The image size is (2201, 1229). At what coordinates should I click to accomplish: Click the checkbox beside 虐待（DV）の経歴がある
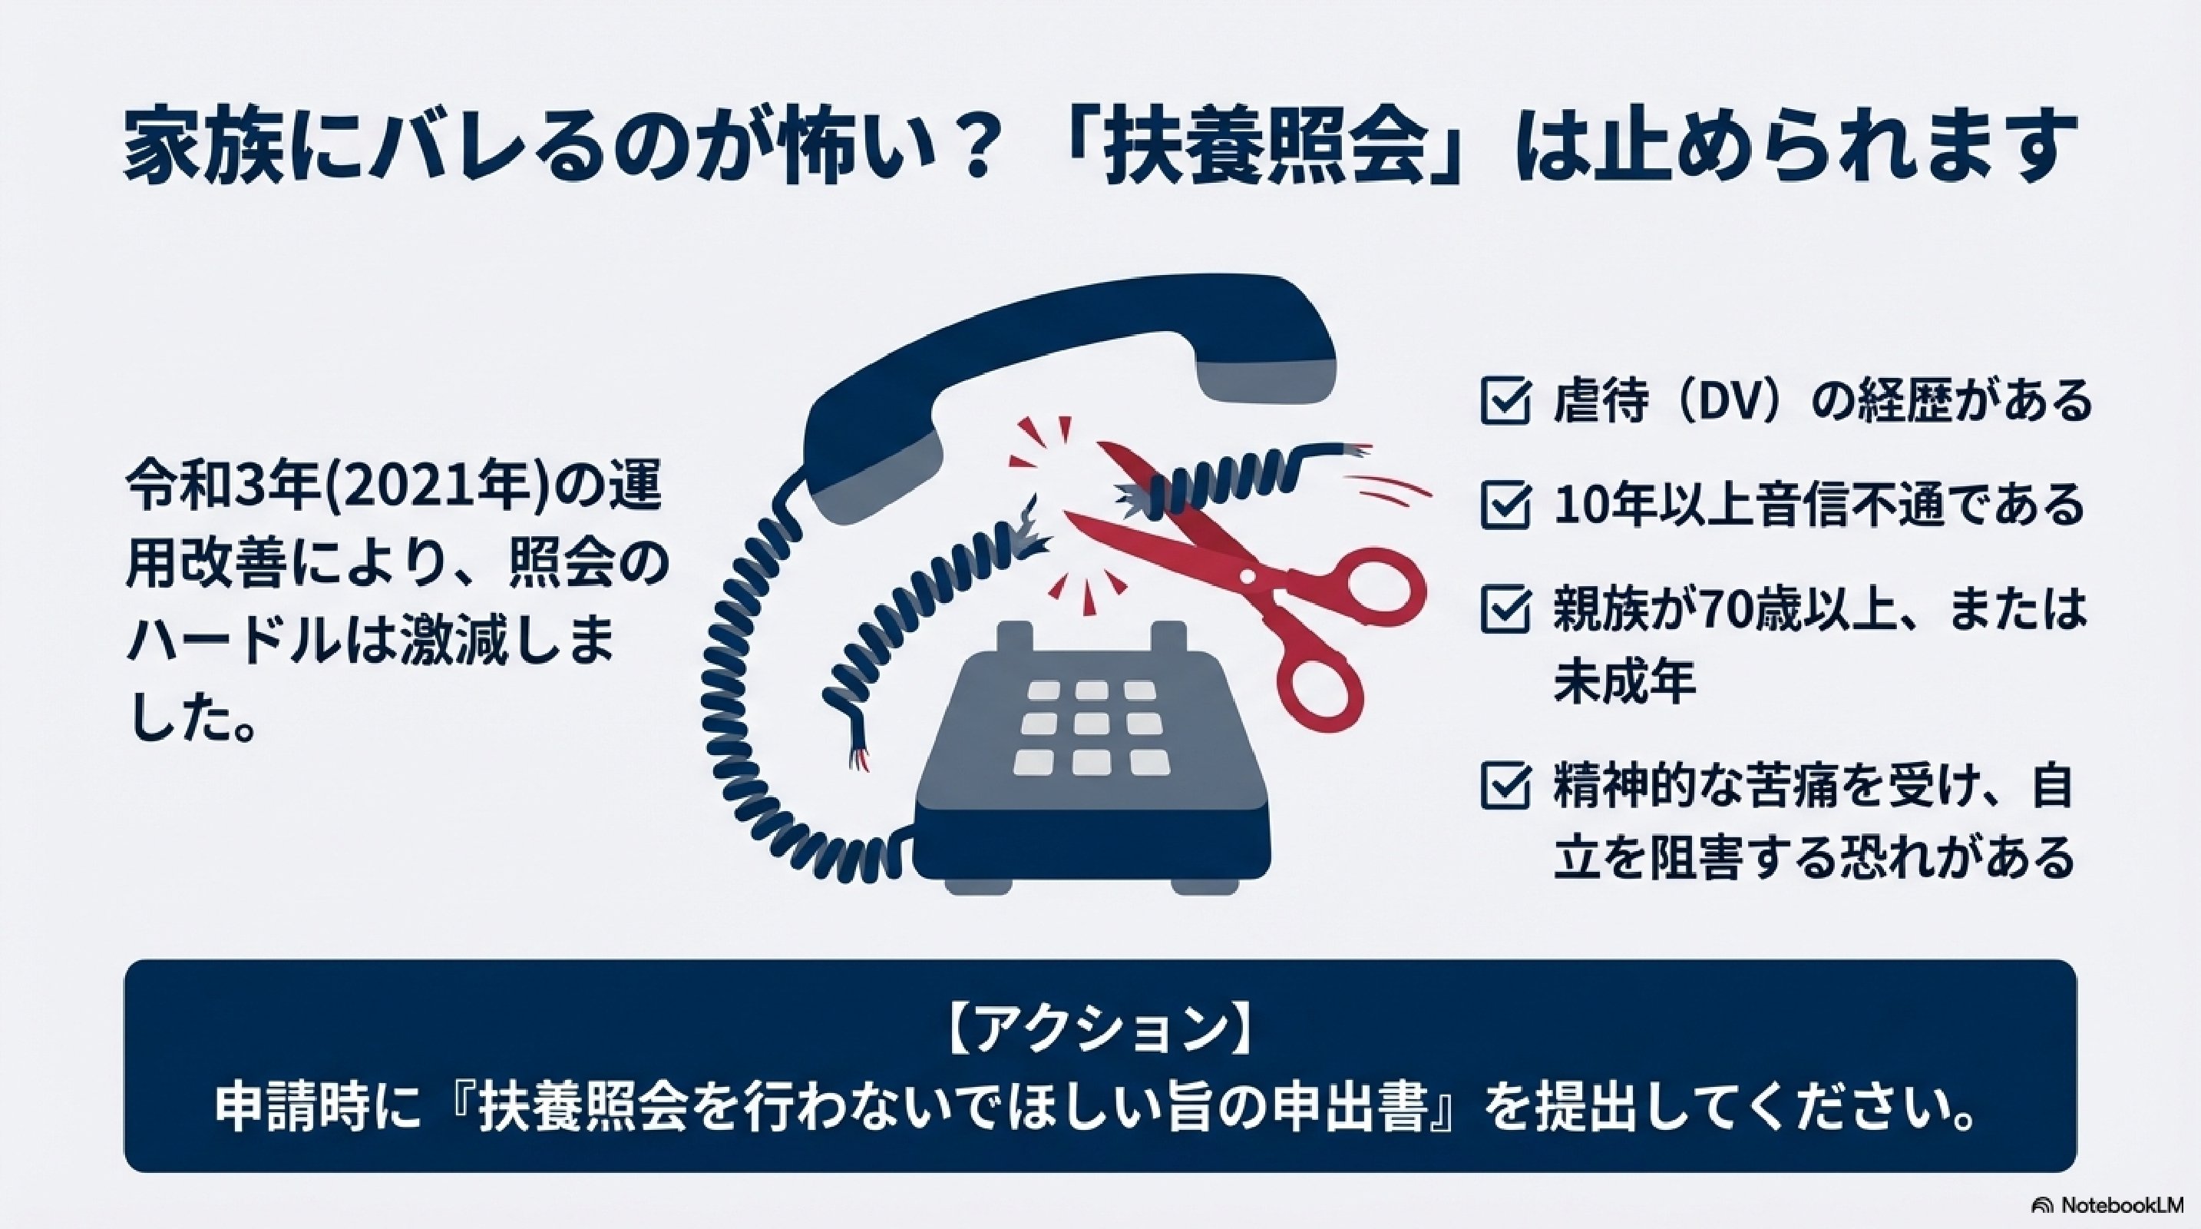click(1505, 402)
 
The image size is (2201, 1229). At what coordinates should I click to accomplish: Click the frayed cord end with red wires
click(857, 753)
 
